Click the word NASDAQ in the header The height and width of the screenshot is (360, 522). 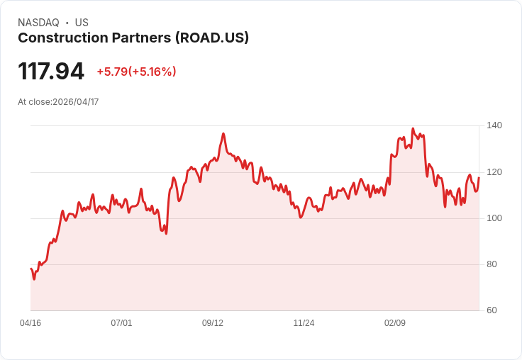click(38, 23)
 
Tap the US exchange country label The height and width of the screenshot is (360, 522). click(82, 23)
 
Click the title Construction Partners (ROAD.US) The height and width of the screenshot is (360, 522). click(133, 38)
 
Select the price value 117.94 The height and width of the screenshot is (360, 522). click(51, 71)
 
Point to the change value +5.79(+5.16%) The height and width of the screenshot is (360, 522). click(136, 72)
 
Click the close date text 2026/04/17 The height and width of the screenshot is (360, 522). click(76, 102)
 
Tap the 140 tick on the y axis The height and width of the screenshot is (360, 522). click(494, 125)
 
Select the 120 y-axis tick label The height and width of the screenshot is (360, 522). click(494, 172)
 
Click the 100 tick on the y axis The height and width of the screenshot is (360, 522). click(494, 218)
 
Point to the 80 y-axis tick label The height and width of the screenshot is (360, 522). click(492, 264)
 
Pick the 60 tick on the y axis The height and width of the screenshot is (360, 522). click(492, 310)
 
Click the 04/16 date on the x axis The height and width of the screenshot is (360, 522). click(30, 323)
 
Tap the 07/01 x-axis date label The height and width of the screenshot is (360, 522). click(121, 323)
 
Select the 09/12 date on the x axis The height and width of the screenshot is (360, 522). click(213, 323)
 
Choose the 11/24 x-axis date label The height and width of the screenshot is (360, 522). click(304, 323)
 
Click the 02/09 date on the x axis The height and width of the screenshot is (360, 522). click(395, 323)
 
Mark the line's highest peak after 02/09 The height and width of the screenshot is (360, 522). click(413, 129)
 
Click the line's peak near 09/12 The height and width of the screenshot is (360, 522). click(223, 133)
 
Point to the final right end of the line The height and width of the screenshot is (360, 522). click(479, 178)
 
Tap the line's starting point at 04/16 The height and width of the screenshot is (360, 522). click(31, 269)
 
